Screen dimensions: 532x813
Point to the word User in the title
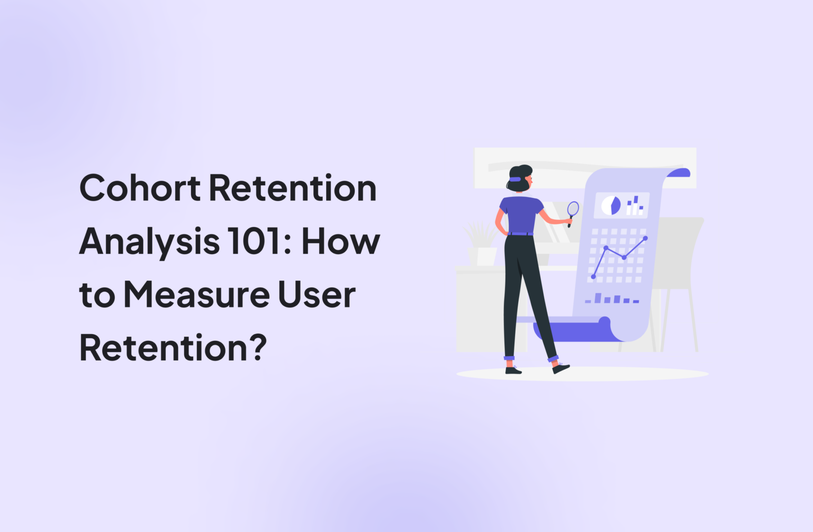[x=317, y=295]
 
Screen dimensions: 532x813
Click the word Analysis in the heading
[x=149, y=241]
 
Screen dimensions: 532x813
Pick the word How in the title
[x=341, y=241]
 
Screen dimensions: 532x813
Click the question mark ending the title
[x=258, y=348]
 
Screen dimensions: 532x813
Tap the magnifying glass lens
[x=573, y=209]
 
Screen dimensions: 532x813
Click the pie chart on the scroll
[x=611, y=205]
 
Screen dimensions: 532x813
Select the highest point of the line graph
[x=645, y=238]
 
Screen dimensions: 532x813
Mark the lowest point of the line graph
[x=593, y=277]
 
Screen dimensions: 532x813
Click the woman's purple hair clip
[x=515, y=179]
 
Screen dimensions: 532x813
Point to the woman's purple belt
[x=520, y=233]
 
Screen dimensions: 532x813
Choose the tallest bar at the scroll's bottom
[x=598, y=298]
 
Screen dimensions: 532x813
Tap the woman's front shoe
[x=561, y=368]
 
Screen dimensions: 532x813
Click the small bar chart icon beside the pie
[x=635, y=205]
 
